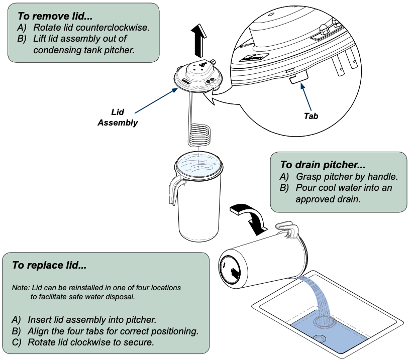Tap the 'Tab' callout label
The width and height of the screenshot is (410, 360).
click(x=311, y=115)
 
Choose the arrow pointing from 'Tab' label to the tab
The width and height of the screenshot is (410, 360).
click(x=305, y=95)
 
